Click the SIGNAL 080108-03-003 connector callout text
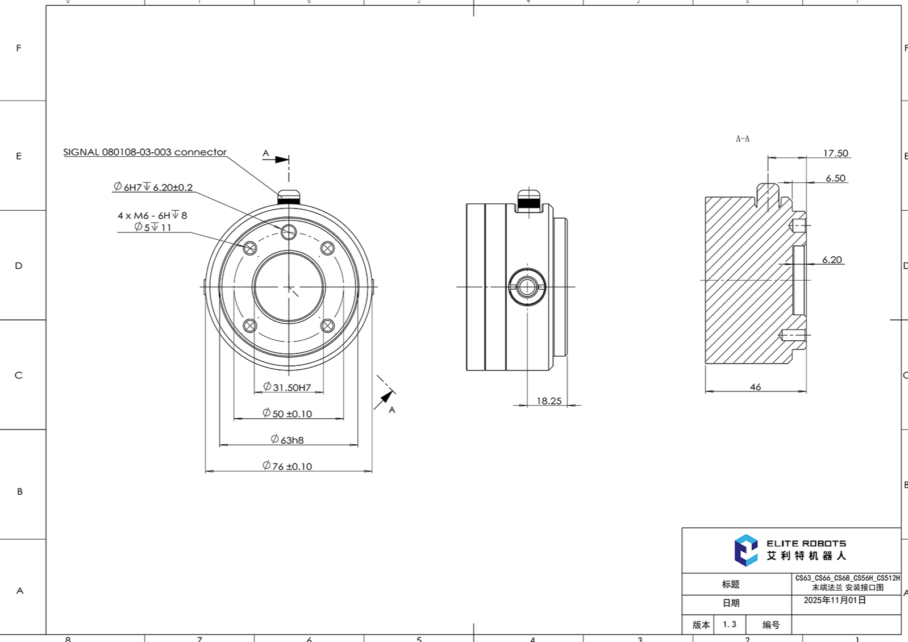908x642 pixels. click(144, 152)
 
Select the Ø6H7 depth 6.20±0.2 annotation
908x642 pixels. click(153, 187)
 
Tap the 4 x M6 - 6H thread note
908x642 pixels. click(152, 215)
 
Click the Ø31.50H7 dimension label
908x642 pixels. click(288, 387)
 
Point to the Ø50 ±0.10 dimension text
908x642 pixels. click(288, 414)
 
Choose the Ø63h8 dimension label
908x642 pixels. click(288, 440)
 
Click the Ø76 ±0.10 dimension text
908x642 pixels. click(288, 466)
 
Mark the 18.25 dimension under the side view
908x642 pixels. click(549, 401)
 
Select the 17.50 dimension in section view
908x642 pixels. click(835, 153)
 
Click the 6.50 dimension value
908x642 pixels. click(835, 178)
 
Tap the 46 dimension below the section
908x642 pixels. click(755, 387)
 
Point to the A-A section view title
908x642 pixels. click(743, 139)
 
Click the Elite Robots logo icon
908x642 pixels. click(745, 550)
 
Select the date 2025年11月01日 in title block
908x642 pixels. click(835, 601)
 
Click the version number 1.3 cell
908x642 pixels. click(730, 624)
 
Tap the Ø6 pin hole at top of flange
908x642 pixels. click(289, 231)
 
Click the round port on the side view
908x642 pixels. click(527, 287)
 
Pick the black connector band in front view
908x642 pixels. click(289, 200)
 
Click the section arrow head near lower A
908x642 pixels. click(386, 396)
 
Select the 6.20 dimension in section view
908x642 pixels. click(832, 260)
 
